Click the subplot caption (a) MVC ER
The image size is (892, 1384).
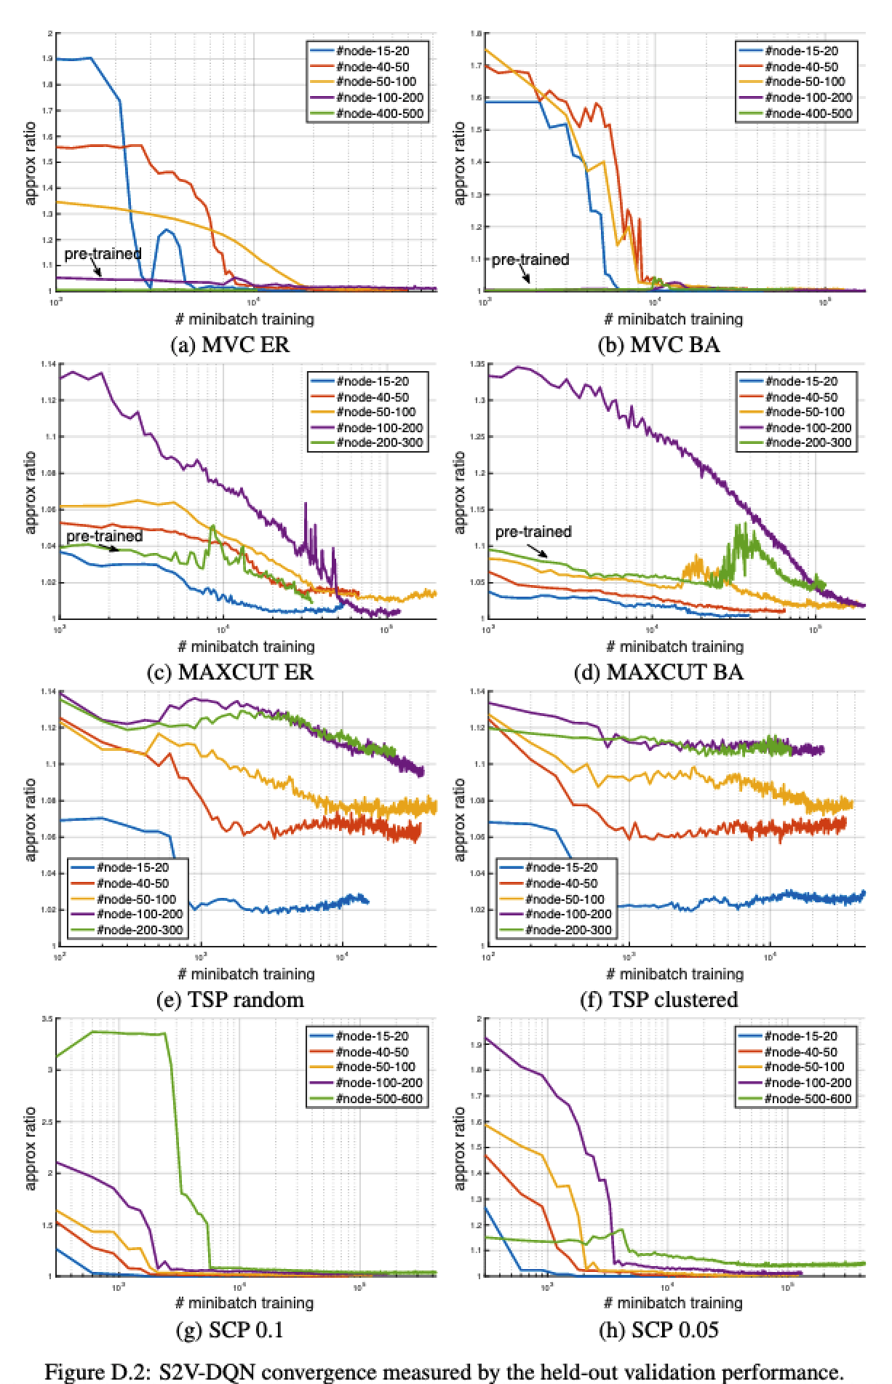pyautogui.click(x=229, y=344)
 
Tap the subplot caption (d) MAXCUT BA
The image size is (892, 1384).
pyautogui.click(x=658, y=672)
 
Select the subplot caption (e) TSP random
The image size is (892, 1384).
pyautogui.click(x=230, y=999)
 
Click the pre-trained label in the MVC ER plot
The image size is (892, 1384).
pyautogui.click(x=103, y=254)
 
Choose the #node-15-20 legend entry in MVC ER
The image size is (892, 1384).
pyautogui.click(x=372, y=51)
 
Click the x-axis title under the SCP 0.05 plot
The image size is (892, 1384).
pyautogui.click(x=674, y=1302)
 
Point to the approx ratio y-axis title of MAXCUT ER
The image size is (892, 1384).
pyautogui.click(x=31, y=492)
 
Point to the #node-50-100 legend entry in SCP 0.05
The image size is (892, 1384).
pyautogui.click(x=800, y=1067)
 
